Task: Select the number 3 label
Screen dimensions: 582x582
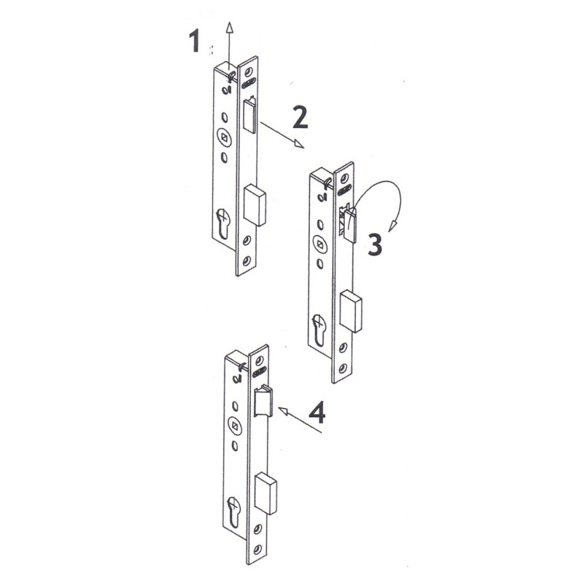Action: (374, 244)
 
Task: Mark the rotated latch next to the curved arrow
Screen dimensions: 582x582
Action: (349, 222)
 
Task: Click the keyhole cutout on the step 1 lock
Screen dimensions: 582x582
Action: (222, 223)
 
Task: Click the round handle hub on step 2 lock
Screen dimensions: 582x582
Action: (223, 136)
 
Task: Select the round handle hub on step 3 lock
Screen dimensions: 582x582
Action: (319, 244)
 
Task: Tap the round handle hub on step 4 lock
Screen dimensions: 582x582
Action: (233, 425)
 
